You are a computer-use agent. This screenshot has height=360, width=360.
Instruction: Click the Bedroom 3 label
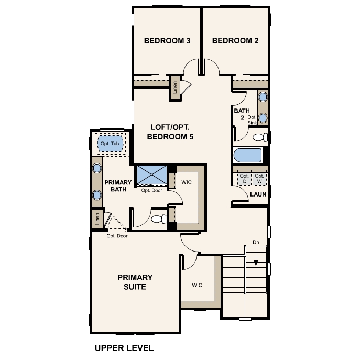(167, 41)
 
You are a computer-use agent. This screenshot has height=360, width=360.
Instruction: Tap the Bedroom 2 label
(235, 41)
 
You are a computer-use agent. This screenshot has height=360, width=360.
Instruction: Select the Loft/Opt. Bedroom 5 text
(170, 132)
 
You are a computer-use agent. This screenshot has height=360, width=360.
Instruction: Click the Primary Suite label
(135, 282)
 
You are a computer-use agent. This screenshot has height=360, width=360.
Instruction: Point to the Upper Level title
(124, 348)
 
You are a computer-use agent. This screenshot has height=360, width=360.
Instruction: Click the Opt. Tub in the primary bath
(110, 144)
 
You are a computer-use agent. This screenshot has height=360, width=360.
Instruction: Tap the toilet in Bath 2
(260, 137)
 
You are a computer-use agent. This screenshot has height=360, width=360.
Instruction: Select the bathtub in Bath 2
(247, 156)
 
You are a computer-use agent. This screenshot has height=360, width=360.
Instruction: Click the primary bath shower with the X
(152, 174)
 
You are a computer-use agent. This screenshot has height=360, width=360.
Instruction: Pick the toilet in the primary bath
(159, 219)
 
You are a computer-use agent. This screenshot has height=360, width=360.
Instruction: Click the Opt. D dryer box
(244, 177)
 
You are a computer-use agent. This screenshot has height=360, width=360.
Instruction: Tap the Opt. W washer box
(259, 177)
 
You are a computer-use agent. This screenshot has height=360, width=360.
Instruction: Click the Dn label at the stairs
(256, 242)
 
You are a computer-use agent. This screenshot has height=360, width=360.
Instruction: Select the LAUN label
(258, 194)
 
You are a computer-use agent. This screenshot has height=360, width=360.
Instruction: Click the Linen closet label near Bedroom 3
(175, 88)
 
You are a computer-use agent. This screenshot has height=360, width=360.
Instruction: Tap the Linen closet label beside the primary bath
(97, 219)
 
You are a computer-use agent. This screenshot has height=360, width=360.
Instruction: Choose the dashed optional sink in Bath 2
(263, 117)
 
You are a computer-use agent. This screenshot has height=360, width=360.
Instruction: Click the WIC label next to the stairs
(197, 285)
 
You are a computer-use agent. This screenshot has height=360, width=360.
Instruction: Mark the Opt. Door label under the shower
(152, 190)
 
